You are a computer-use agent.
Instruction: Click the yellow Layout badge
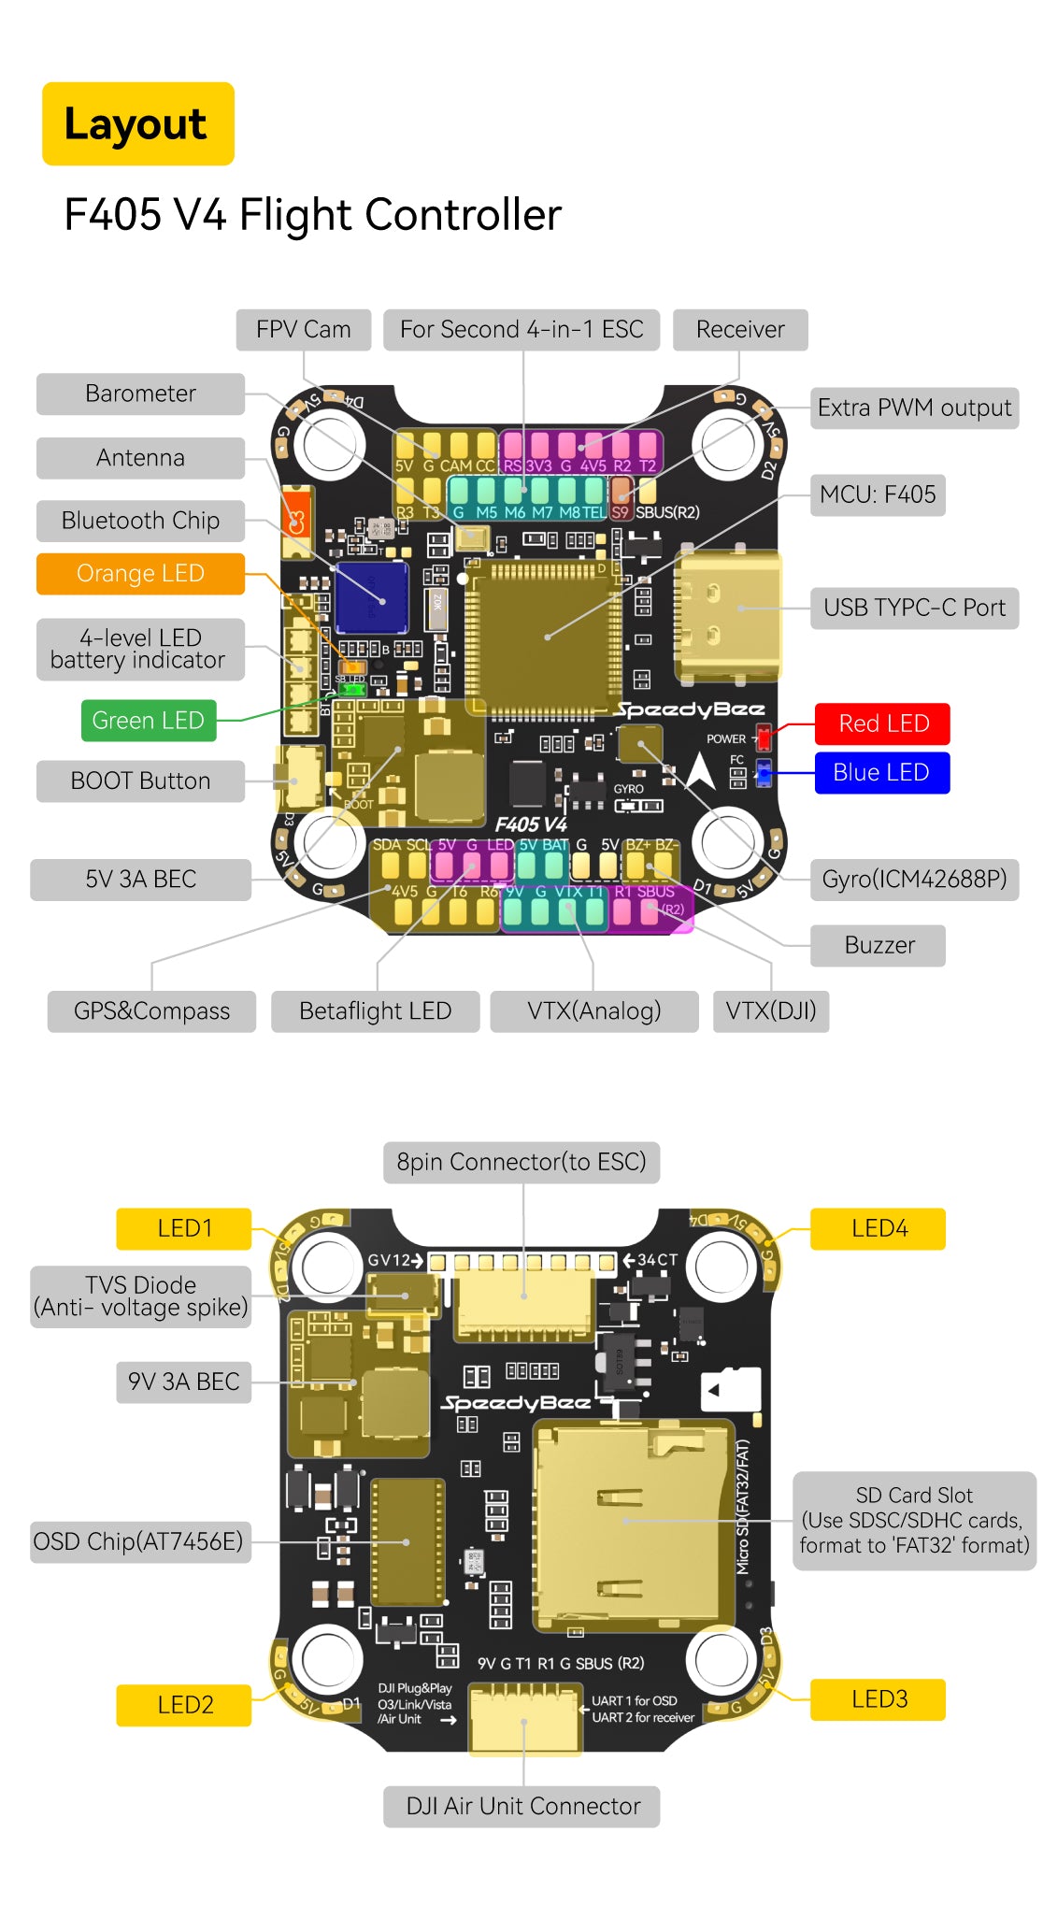coord(137,123)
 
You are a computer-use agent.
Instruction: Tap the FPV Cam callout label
coord(303,330)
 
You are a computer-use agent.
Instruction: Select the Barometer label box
coord(140,394)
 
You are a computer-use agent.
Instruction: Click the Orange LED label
coord(140,574)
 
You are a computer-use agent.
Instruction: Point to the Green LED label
coord(148,721)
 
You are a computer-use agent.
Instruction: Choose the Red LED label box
coord(882,723)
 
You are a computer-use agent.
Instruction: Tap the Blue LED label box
coord(881,773)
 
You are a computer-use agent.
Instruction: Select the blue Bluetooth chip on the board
coord(371,596)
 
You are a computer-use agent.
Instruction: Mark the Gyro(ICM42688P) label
coord(913,880)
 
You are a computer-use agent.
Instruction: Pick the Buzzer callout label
coord(879,945)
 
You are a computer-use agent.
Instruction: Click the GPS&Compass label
coord(151,1011)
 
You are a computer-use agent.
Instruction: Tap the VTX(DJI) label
coord(771,1011)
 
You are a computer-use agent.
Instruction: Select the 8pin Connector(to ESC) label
coord(521,1162)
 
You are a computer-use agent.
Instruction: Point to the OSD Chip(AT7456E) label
coord(139,1541)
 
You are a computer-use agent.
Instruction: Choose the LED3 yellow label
coord(879,1699)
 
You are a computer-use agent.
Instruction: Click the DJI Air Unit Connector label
coord(522,1806)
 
